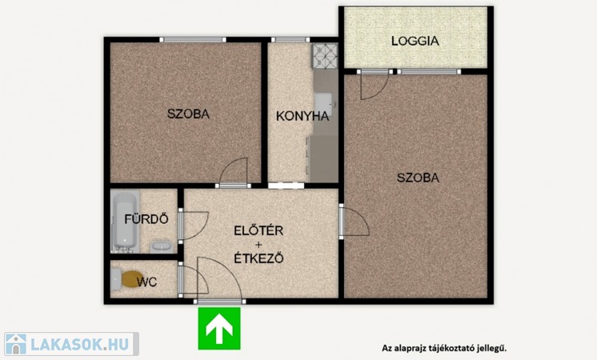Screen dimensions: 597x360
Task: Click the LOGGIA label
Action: point(415,41)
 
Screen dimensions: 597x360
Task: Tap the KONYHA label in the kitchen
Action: point(303,116)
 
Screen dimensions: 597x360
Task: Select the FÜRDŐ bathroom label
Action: point(146,219)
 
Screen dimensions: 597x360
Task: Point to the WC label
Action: point(146,282)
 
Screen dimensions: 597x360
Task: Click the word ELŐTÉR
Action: point(258,230)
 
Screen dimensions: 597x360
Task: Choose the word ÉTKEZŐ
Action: point(258,258)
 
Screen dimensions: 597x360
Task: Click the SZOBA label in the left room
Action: point(189,114)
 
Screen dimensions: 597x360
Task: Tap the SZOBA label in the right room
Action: point(418,178)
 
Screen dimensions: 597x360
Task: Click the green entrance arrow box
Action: point(219,329)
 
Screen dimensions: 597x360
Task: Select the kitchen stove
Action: point(325,56)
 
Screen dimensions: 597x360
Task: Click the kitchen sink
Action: point(324,105)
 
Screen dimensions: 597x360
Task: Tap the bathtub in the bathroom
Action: point(125,221)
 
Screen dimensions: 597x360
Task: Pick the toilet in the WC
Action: point(126,279)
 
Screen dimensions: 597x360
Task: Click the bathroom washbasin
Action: point(162,246)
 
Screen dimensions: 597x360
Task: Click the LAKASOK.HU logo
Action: point(71,344)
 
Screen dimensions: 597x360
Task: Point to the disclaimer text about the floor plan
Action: point(444,348)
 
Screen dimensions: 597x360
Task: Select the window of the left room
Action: point(193,39)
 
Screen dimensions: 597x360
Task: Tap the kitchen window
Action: point(290,39)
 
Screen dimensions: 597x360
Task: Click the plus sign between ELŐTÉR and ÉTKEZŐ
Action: point(259,244)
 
